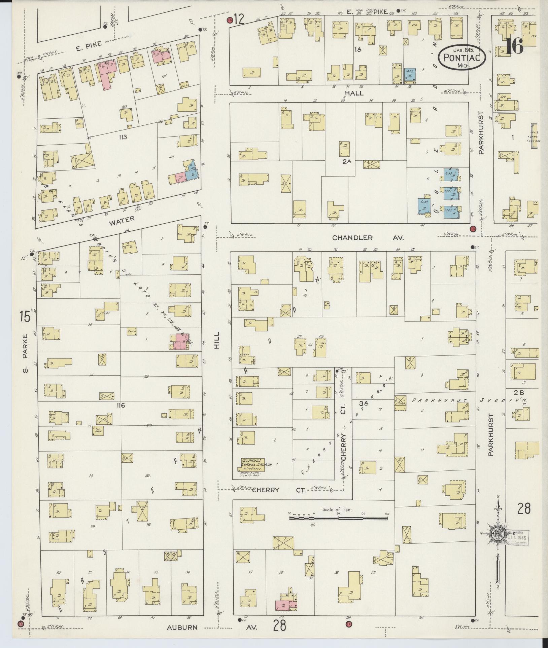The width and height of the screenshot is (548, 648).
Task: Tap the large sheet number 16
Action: coord(514,46)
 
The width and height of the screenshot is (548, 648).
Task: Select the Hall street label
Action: coord(354,93)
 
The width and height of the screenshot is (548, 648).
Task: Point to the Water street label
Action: coord(122,219)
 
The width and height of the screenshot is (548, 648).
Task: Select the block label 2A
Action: coord(347,161)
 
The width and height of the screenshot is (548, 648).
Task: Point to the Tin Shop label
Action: coord(98,429)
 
